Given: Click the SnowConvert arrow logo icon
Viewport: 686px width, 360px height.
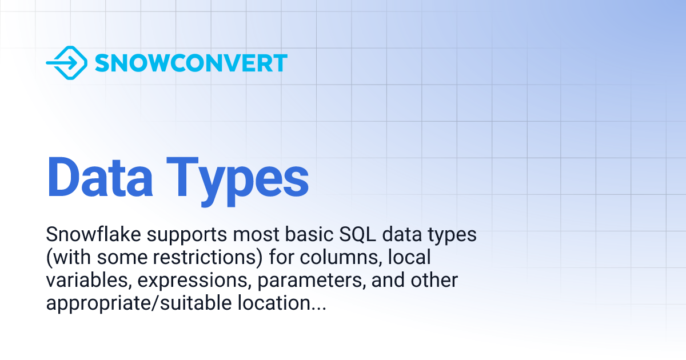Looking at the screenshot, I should click(66, 62).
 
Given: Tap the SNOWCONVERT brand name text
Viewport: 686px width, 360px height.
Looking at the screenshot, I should click(190, 63).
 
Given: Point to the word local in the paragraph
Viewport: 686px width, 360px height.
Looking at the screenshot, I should click(409, 258).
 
